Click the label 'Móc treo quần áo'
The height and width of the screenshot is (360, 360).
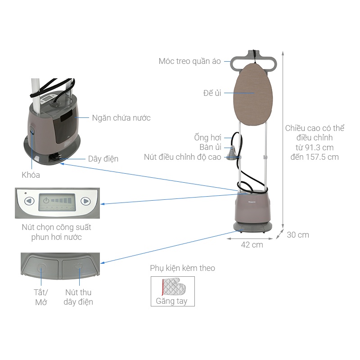tap(189, 61)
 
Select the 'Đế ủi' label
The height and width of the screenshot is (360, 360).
tap(212, 93)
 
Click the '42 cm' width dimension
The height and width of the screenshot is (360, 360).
tap(252, 245)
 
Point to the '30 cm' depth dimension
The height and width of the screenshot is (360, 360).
tap(298, 235)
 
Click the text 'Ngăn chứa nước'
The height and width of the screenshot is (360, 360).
tap(121, 118)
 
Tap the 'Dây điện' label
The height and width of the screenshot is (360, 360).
tap(103, 159)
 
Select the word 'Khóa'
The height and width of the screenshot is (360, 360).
tap(31, 175)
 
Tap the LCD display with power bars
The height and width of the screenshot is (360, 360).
tap(57, 202)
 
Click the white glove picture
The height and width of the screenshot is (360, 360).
tap(173, 286)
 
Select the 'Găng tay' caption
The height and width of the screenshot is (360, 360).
tap(171, 301)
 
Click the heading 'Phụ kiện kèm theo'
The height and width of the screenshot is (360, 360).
tap(182, 268)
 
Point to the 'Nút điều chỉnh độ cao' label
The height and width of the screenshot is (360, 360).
tap(182, 157)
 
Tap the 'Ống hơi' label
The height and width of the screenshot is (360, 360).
tap(207, 137)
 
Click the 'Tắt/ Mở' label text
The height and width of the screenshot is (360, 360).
tap(41, 297)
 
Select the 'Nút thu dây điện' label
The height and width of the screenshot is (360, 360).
tap(78, 297)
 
